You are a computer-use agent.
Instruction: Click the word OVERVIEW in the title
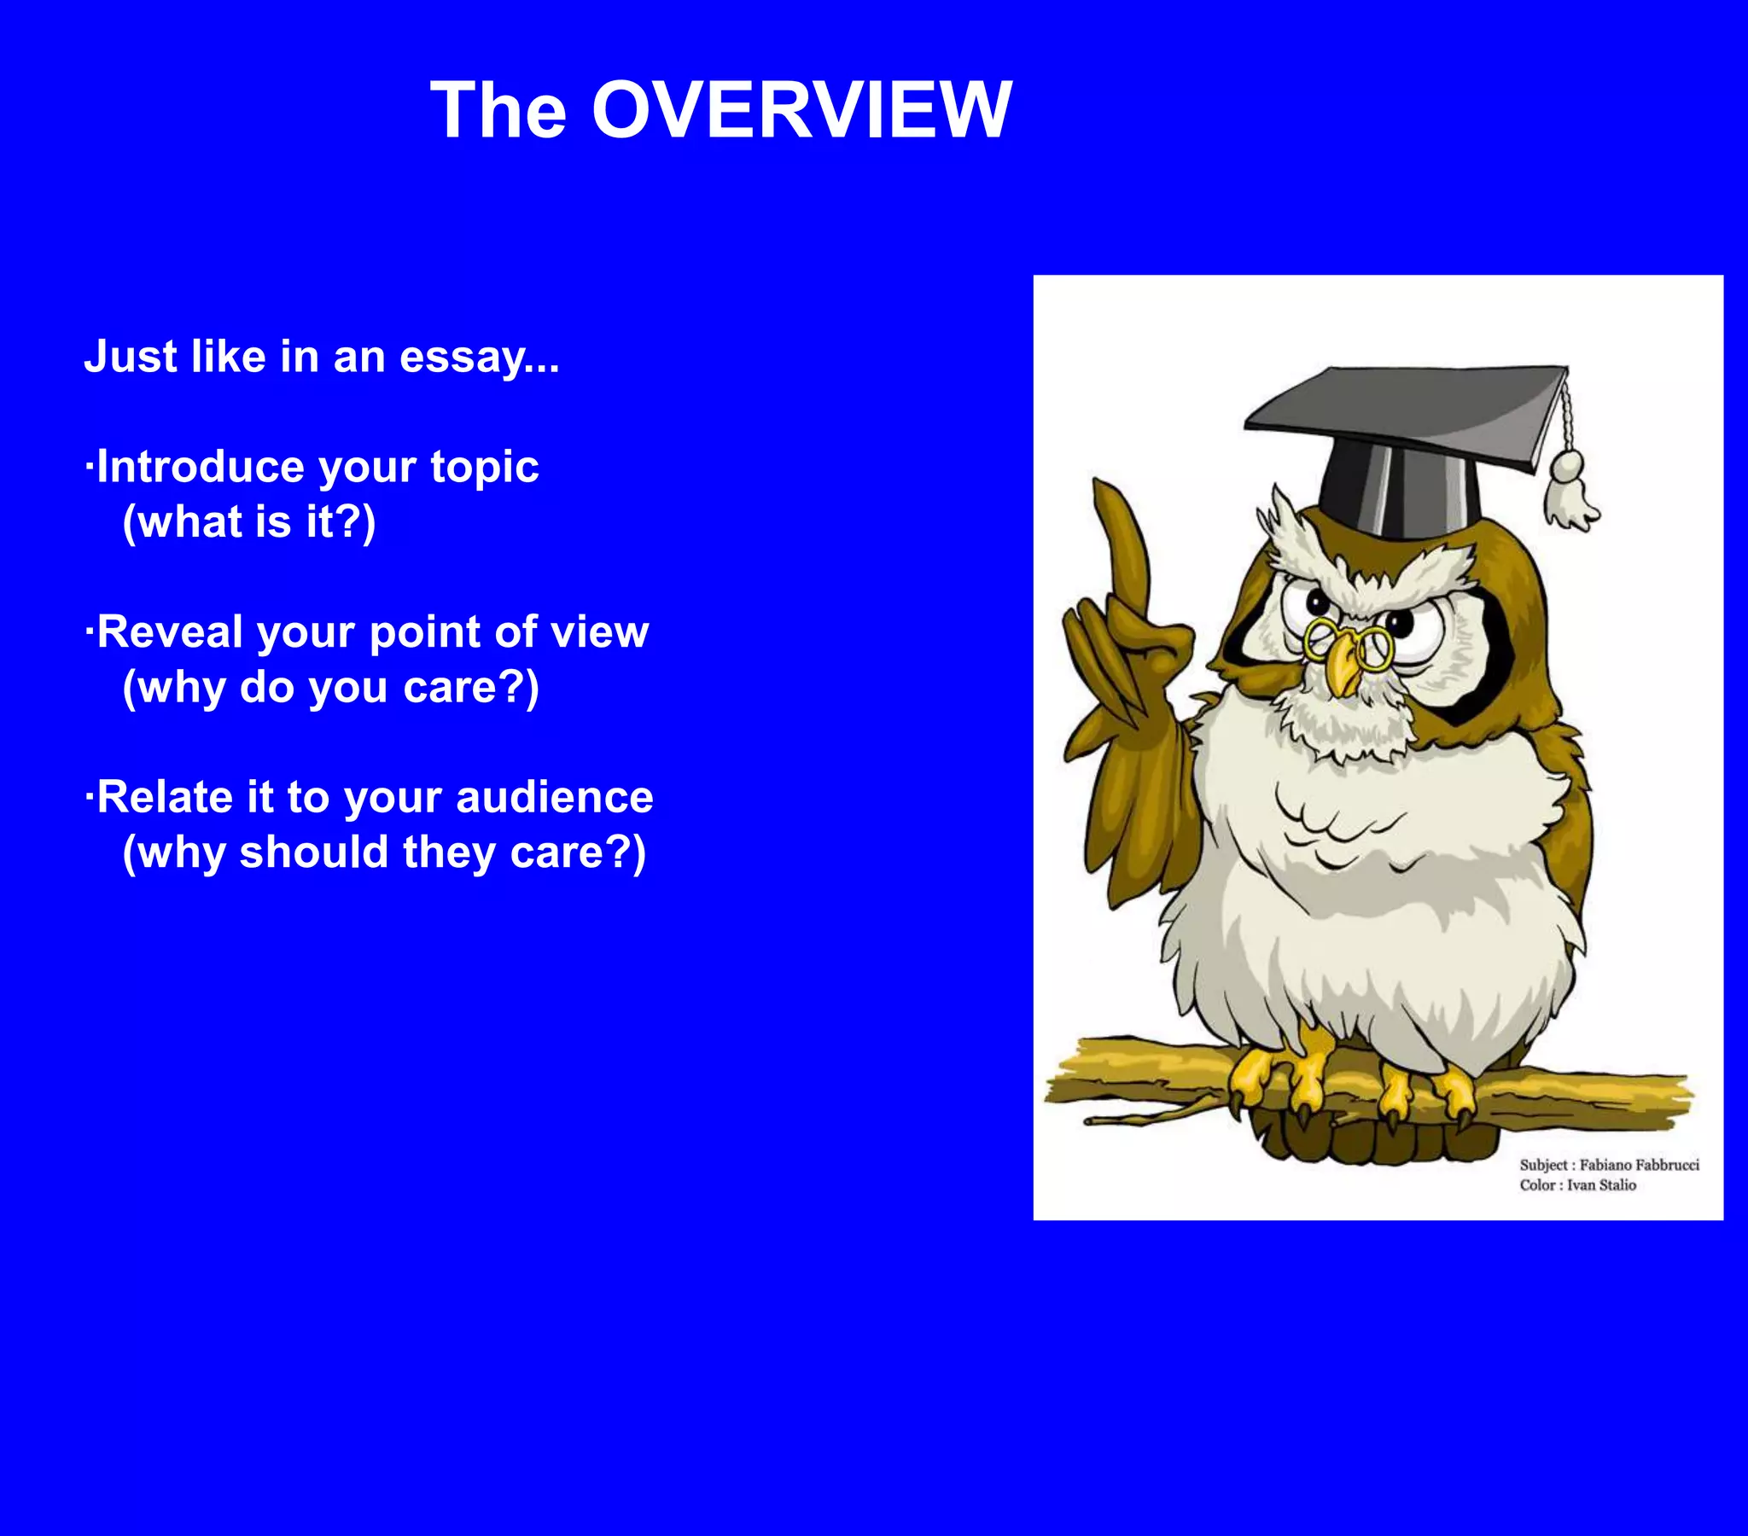(801, 110)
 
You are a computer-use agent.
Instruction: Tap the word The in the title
(498, 110)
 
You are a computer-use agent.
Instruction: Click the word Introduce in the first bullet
(200, 467)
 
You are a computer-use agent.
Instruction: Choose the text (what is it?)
(249, 521)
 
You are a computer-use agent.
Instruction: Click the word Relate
(164, 797)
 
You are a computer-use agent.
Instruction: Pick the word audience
(554, 797)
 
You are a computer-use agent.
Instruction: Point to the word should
(314, 852)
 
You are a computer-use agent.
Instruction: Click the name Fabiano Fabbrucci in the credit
(1639, 1165)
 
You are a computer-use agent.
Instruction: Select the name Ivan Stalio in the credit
(1601, 1185)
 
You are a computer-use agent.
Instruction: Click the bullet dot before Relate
(89, 797)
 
